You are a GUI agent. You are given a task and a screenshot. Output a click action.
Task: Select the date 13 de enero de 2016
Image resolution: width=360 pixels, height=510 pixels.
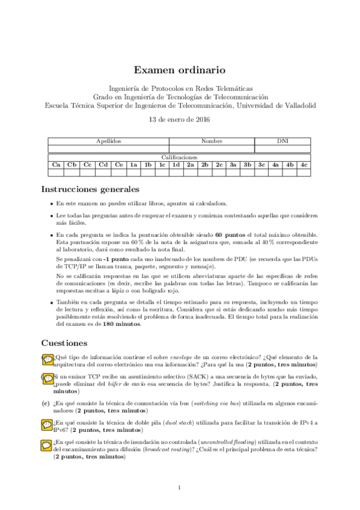[180, 119]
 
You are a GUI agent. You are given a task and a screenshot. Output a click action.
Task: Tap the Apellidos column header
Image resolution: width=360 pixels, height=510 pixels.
[109, 141]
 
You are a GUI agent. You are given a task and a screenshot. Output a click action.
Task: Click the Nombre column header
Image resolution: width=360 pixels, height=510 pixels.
[212, 141]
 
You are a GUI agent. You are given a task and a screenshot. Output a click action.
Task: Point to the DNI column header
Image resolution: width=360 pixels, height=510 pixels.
[282, 141]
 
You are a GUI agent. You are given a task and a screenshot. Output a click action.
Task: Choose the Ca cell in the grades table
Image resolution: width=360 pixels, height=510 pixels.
[56, 164]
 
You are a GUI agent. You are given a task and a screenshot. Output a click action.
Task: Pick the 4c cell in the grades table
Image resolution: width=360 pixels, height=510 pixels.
[304, 164]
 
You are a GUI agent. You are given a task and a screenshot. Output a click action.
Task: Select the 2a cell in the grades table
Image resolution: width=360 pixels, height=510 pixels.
[190, 164]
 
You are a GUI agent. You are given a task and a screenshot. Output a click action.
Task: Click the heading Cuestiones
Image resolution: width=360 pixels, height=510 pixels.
[64, 343]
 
